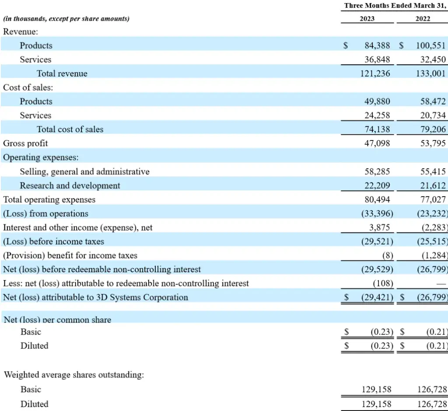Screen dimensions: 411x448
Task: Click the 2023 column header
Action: click(367, 19)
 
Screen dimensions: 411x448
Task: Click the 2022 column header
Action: click(423, 19)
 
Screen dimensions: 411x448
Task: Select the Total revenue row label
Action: click(62, 74)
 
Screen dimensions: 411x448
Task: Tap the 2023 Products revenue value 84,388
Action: click(377, 46)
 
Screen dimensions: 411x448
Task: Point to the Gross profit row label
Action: click(25, 143)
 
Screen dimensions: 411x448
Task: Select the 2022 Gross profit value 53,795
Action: click(432, 143)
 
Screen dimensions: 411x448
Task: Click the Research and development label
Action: click(70, 186)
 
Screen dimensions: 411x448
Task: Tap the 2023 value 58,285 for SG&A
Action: click(377, 172)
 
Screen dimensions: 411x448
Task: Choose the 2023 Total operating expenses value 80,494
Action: click(377, 200)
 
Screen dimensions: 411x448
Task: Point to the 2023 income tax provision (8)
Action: click(388, 256)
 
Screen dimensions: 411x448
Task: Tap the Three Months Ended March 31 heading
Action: click(395, 6)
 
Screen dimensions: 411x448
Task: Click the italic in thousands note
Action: click(66, 19)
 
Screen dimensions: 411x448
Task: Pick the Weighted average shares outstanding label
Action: click(74, 375)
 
